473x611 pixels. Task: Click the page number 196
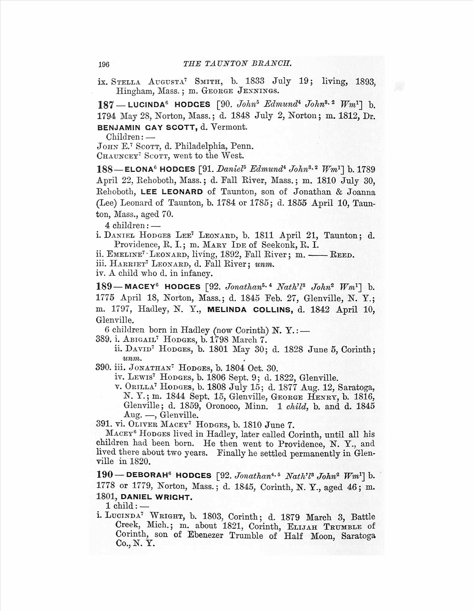pyautogui.click(x=104, y=65)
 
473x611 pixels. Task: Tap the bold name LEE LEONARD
pyautogui.click(x=172, y=192)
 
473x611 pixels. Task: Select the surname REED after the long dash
pyautogui.click(x=342, y=255)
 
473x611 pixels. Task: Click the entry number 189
pyautogui.click(x=104, y=286)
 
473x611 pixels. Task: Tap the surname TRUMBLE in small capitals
pyautogui.click(x=342, y=527)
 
